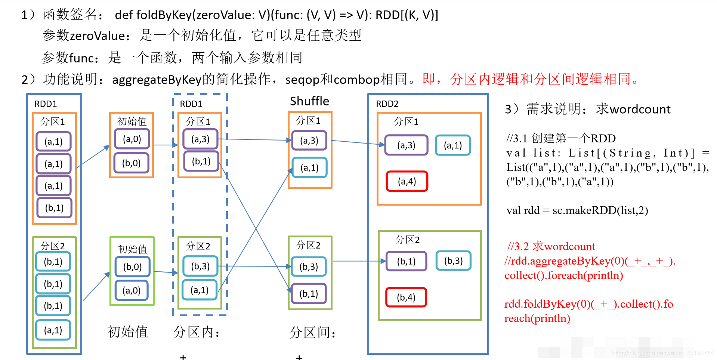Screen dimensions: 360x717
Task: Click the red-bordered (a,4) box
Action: (x=407, y=181)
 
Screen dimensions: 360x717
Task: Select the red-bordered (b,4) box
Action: (x=406, y=298)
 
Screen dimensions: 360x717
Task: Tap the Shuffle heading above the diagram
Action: (x=309, y=101)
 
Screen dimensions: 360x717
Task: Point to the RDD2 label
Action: (x=387, y=104)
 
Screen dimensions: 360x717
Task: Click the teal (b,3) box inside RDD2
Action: (x=453, y=261)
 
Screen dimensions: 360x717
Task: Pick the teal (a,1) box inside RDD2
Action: (x=453, y=145)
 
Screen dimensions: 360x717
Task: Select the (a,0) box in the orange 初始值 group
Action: (x=132, y=139)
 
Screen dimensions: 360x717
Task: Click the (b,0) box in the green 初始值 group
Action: (x=133, y=267)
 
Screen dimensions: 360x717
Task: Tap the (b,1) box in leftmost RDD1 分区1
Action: (x=54, y=208)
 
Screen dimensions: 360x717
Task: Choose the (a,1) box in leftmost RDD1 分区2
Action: (x=53, y=330)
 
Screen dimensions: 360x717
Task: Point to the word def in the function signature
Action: (x=124, y=15)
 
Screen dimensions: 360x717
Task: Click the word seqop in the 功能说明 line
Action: (x=302, y=80)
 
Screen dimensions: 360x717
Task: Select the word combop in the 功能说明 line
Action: (x=356, y=80)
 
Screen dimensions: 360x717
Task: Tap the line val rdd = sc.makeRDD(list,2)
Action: (x=577, y=210)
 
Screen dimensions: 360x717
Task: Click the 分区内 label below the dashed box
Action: (x=197, y=332)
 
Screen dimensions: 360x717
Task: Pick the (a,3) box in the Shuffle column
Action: (x=309, y=141)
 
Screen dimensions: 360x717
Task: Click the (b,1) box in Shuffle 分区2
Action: (x=309, y=294)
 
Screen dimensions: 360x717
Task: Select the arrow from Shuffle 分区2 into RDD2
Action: (x=359, y=261)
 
